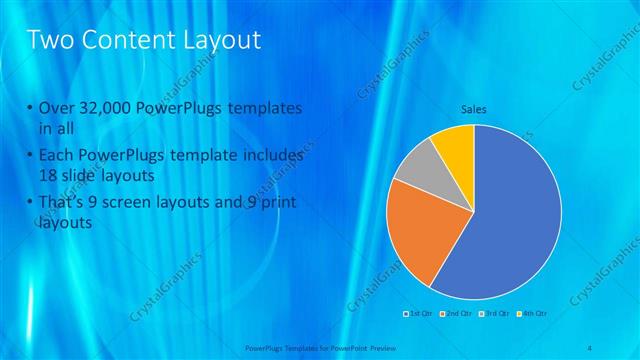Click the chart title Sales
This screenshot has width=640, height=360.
tap(473, 110)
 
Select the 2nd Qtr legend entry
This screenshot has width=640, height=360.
tap(457, 314)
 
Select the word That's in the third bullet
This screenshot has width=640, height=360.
tap(66, 203)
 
